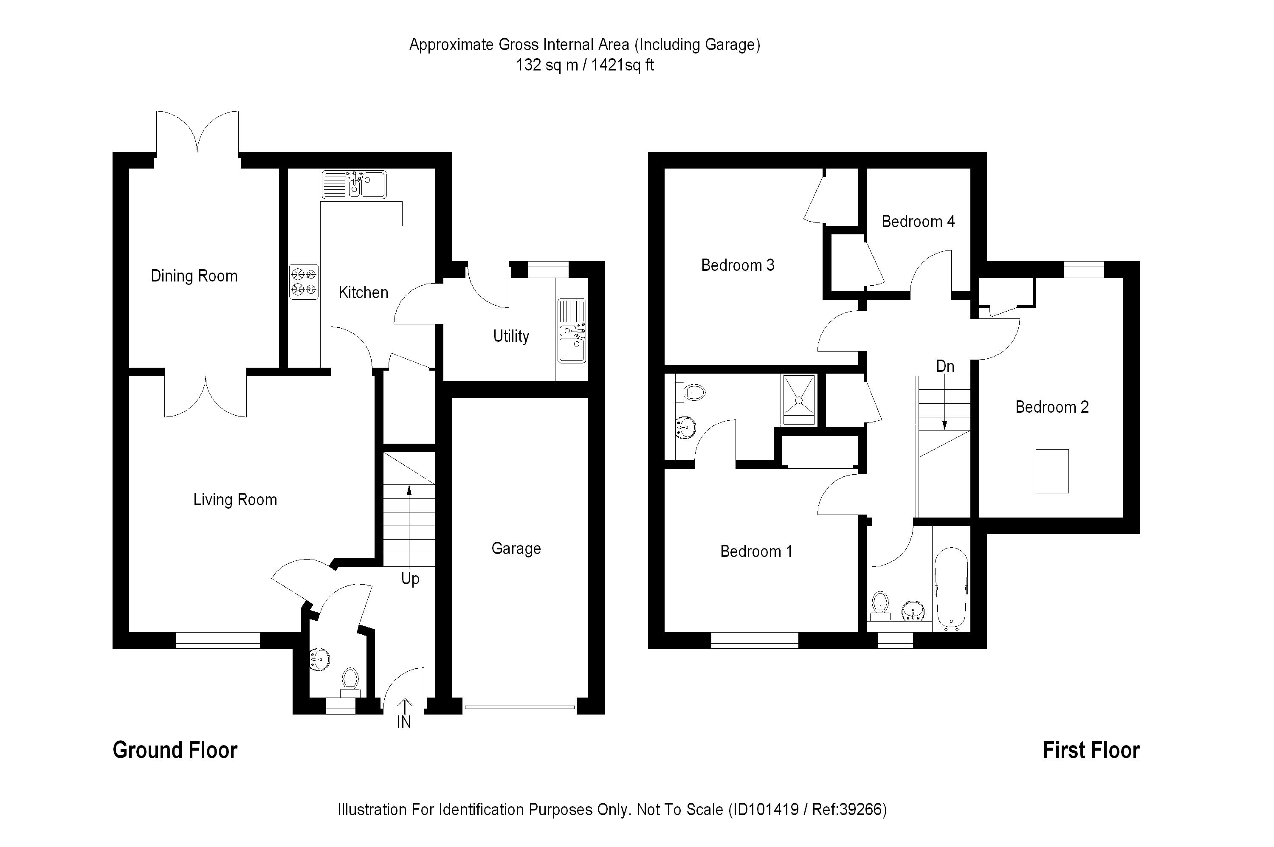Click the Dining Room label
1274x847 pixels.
pos(194,276)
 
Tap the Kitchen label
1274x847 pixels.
pos(363,292)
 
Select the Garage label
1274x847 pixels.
pos(516,548)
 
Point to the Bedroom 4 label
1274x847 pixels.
pos(918,222)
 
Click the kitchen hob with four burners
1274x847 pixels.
pos(304,281)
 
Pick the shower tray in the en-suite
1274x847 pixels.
pos(798,400)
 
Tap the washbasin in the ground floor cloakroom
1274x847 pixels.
pos(320,660)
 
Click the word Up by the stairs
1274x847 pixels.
pos(410,579)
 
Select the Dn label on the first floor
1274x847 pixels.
pos(945,366)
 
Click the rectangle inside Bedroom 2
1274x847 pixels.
pos(1051,471)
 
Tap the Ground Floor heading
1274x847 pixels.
pos(175,750)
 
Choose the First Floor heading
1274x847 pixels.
pos(1091,750)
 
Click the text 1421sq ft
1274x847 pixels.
pos(623,65)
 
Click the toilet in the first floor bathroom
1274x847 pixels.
pos(881,605)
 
